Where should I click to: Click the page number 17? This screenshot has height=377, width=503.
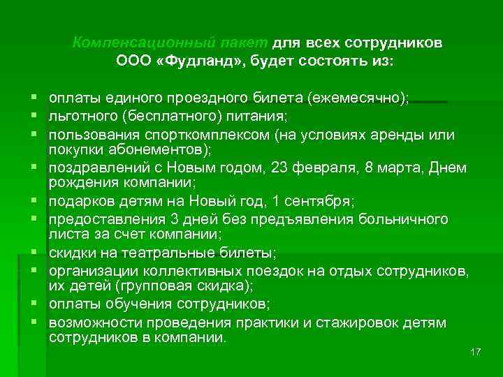coord(476,351)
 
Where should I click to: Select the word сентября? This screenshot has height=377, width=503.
coord(320,201)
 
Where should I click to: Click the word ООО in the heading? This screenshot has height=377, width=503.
coord(133,61)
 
